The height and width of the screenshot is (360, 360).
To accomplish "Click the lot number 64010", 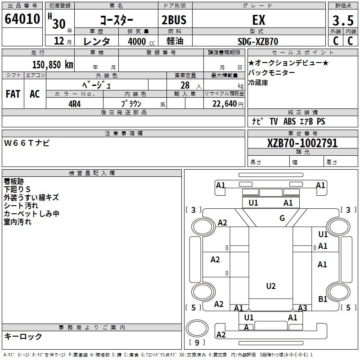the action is [22, 19].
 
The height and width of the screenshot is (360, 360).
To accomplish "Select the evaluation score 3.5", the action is [342, 21].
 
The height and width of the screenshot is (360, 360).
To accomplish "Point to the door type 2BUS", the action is [174, 20].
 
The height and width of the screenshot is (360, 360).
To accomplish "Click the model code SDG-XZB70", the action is [258, 41].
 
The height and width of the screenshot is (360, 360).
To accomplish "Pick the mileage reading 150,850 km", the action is [53, 64].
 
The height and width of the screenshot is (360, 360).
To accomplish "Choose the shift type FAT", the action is [13, 94].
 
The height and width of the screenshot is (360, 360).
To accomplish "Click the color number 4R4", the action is [75, 103].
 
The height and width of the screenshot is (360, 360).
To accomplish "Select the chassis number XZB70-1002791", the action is [302, 143].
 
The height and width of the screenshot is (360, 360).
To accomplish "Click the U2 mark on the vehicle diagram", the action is [270, 286].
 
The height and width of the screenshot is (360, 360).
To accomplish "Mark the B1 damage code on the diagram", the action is [323, 299].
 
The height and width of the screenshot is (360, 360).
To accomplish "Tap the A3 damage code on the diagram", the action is [302, 308].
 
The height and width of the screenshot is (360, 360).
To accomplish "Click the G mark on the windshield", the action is [282, 218].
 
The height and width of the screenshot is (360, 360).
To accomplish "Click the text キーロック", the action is [23, 337].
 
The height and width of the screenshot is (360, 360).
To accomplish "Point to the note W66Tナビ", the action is [27, 143].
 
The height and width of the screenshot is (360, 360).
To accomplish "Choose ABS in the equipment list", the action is [289, 121].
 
